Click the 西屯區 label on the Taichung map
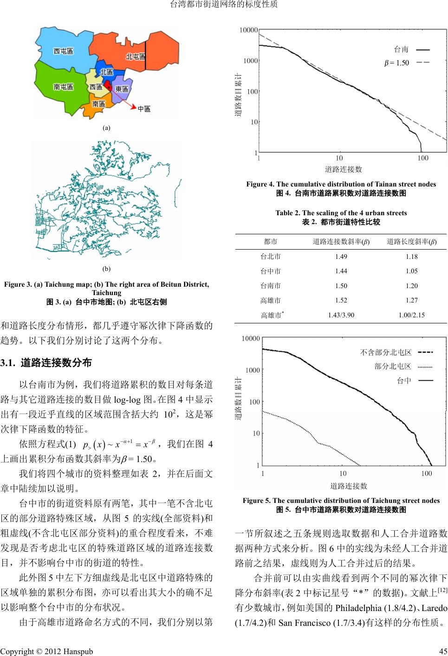pyautogui.click(x=63, y=51)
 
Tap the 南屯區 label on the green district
pyautogui.click(x=63, y=87)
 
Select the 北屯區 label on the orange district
pyautogui.click(x=135, y=57)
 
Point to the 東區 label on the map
pyautogui.click(x=122, y=89)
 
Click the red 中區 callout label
pyautogui.click(x=144, y=109)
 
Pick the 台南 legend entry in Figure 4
pyautogui.click(x=402, y=49)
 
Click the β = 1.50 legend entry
pyautogui.click(x=397, y=63)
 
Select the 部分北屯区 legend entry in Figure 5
pyautogui.click(x=393, y=367)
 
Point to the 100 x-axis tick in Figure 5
pyautogui.click(x=426, y=474)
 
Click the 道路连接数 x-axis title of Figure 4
pyautogui.click(x=343, y=169)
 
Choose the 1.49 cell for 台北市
pyautogui.click(x=341, y=257)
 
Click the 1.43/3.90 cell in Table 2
pyautogui.click(x=341, y=315)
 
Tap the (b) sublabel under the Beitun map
pyautogui.click(x=106, y=269)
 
